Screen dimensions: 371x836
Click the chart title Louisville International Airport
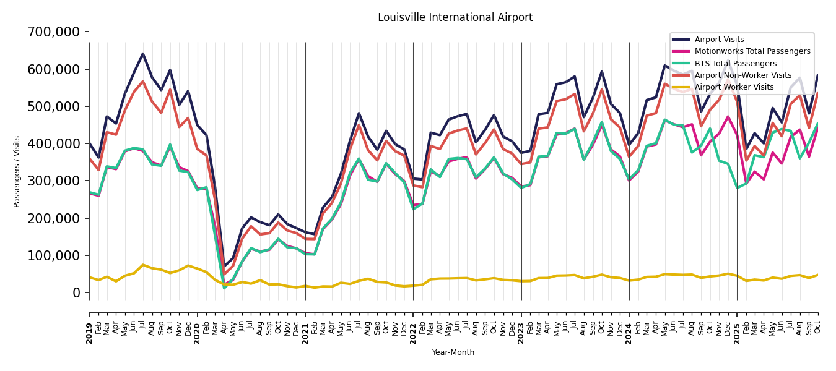pyautogui.click(x=455, y=17)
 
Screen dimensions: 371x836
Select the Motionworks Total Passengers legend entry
pyautogui.click(x=752, y=51)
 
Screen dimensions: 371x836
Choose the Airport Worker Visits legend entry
pyautogui.click(x=734, y=87)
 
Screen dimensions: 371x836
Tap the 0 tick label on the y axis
pyautogui.click(x=77, y=293)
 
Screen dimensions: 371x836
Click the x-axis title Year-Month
pyautogui.click(x=453, y=352)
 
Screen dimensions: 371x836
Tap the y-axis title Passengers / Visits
pyautogui.click(x=17, y=171)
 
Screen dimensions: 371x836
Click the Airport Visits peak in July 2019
pyautogui.click(x=143, y=54)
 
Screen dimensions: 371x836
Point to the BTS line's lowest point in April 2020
pyautogui.click(x=224, y=288)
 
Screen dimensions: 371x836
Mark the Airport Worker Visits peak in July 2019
pyautogui.click(x=143, y=265)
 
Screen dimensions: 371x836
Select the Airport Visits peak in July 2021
pyautogui.click(x=359, y=113)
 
